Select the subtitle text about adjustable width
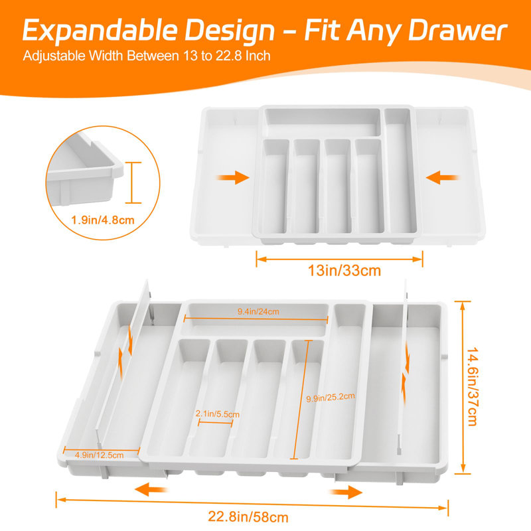coord(147,56)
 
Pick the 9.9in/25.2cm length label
coord(330,397)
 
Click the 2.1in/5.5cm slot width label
coord(218,414)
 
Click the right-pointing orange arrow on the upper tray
coord(233,177)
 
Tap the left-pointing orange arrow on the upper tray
coord(443,177)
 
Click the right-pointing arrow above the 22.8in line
coord(345,492)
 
